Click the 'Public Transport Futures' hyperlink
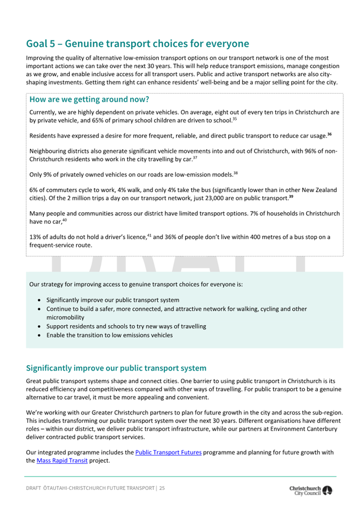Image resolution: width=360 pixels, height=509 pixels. click(168, 453)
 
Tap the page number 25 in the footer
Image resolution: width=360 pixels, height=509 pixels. click(162, 488)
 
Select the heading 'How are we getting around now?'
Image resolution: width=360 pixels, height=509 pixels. click(89, 99)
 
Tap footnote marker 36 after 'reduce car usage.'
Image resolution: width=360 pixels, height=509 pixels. click(330, 133)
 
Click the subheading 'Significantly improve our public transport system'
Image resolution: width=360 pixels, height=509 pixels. click(116, 368)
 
